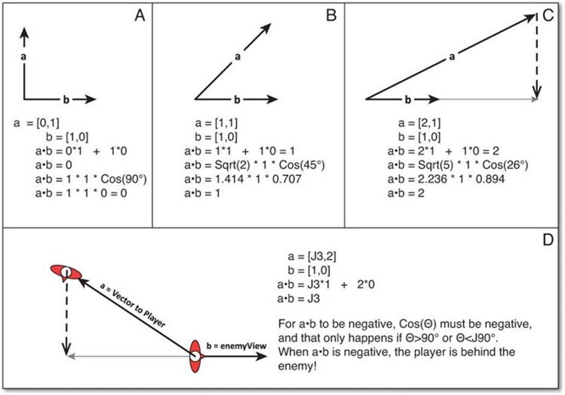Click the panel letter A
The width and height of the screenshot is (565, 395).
click(x=140, y=16)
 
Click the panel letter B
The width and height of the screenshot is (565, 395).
click(x=331, y=16)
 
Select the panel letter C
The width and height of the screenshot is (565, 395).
click(x=547, y=16)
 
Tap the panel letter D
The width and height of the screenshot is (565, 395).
click(x=547, y=240)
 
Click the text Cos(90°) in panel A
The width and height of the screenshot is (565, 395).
click(x=124, y=179)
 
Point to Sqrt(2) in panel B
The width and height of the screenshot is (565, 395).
click(x=232, y=165)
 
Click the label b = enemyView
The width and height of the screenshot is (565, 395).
click(x=237, y=346)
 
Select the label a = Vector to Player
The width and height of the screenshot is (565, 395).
click(x=132, y=305)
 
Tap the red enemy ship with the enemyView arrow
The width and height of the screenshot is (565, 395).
click(x=195, y=356)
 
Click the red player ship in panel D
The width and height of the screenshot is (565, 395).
click(x=66, y=272)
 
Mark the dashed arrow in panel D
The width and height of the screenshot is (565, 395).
click(x=66, y=317)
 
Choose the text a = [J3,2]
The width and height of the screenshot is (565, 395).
click(x=312, y=257)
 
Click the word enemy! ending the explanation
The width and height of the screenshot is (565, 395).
click(x=297, y=366)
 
